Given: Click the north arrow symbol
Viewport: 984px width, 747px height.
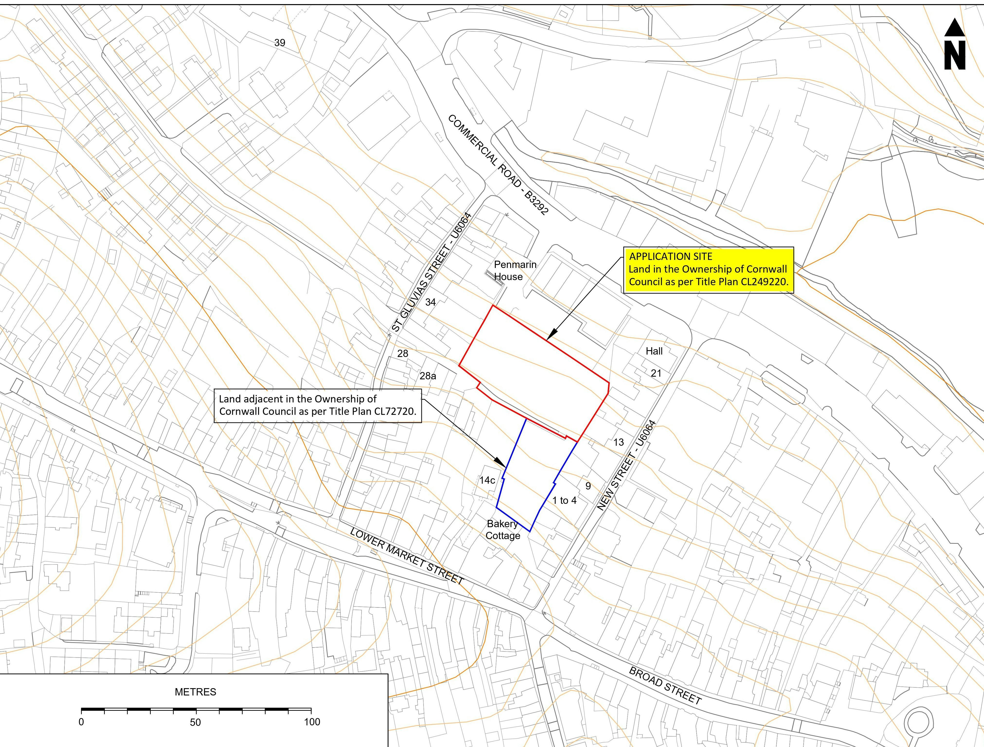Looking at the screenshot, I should (x=955, y=44).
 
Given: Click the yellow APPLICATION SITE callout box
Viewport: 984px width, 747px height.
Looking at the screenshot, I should (x=708, y=270).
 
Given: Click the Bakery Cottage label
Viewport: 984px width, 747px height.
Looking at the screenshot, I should (x=503, y=529).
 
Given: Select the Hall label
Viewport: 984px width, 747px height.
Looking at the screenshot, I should (x=654, y=351).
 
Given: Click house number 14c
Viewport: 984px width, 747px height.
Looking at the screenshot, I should (x=487, y=480).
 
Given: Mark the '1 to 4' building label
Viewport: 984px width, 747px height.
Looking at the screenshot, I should (x=564, y=500).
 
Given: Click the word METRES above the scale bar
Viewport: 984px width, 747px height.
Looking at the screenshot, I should (x=195, y=692).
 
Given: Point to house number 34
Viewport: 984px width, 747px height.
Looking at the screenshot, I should (x=430, y=302).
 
